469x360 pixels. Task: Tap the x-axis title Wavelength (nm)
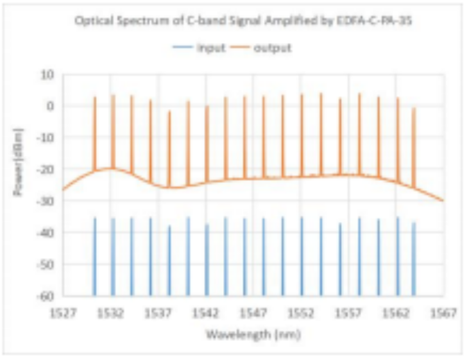[253, 334]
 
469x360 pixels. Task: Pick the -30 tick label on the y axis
[47, 201]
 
